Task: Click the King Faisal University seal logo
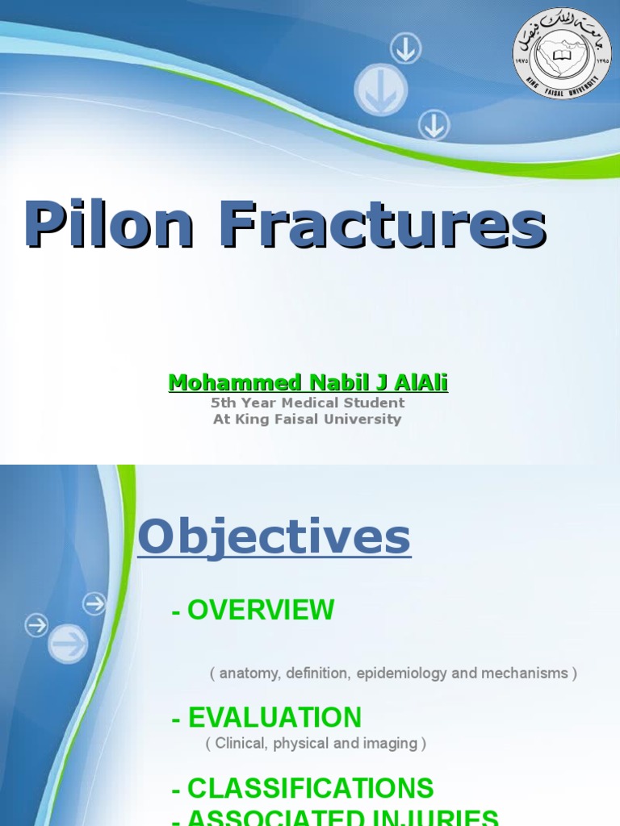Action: tap(562, 54)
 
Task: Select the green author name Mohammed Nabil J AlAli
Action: tap(308, 382)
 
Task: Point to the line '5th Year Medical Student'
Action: tap(308, 403)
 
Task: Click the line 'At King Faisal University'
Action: tap(308, 419)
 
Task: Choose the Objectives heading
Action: tap(274, 537)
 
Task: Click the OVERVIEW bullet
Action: tap(253, 611)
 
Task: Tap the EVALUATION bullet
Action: tap(266, 717)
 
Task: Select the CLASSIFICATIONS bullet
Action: tap(303, 788)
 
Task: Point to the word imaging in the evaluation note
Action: tap(389, 744)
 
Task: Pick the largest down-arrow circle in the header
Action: tap(380, 90)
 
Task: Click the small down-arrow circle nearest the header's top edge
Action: tap(405, 50)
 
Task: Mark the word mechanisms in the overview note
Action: tap(524, 673)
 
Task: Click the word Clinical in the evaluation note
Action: tap(240, 744)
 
